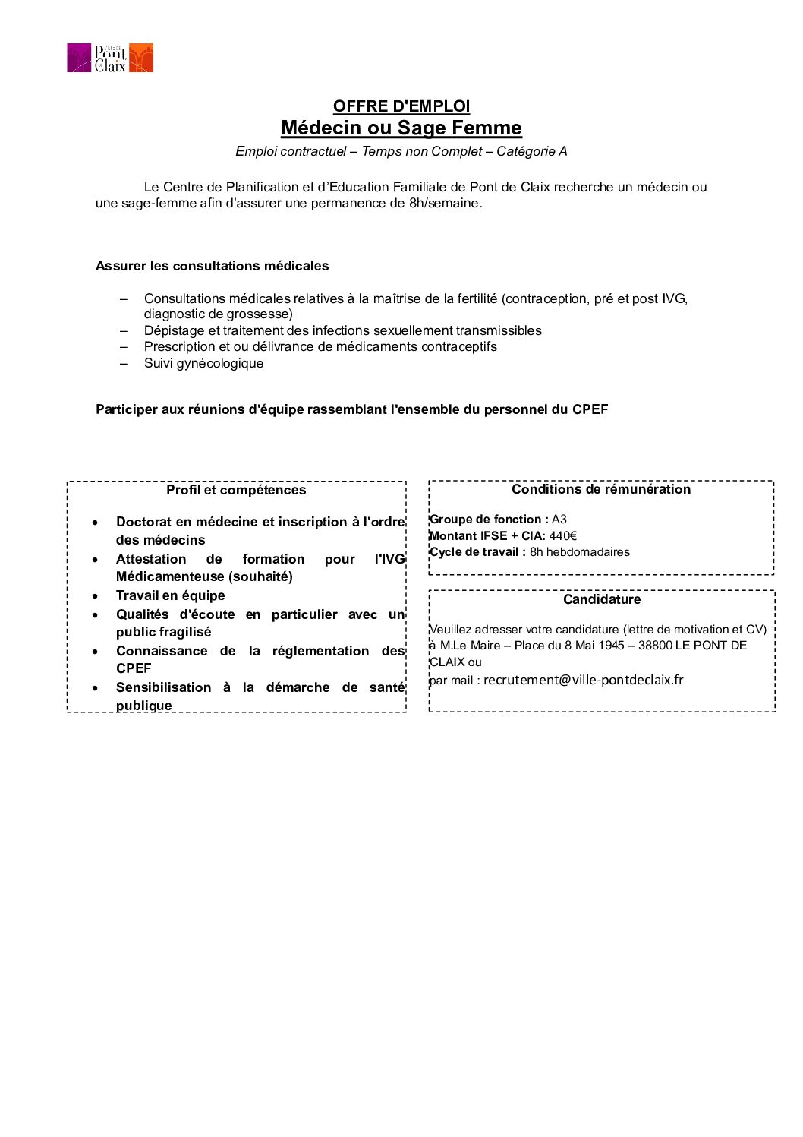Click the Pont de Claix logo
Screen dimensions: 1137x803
click(110, 58)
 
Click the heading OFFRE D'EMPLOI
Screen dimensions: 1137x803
click(401, 106)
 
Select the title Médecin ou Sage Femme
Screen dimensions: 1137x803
click(401, 128)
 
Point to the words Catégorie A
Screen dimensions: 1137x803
click(531, 151)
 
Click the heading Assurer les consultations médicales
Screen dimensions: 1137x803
click(212, 266)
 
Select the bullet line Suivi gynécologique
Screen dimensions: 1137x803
click(203, 363)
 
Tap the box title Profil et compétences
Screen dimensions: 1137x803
click(236, 490)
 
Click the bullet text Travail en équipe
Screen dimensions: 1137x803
click(170, 595)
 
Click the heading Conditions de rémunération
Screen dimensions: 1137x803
click(601, 489)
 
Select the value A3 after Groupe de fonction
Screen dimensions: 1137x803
click(559, 520)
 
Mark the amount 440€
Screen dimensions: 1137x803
click(562, 536)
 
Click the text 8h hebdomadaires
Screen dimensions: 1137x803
click(579, 552)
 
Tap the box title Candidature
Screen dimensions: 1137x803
click(601, 599)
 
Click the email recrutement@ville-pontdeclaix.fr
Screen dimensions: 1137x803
click(583, 680)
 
